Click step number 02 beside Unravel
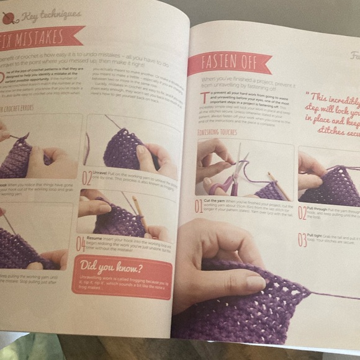click(x=87, y=176)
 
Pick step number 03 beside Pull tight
click(x=302, y=239)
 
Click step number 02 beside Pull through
click(x=302, y=212)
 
